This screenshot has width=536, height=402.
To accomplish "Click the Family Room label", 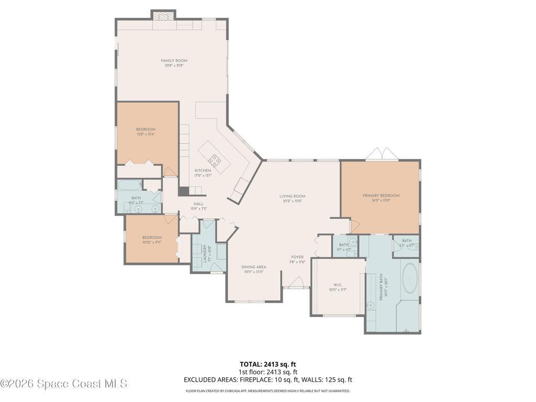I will point(174,63).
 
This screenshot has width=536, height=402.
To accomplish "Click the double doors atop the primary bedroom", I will point(382,154).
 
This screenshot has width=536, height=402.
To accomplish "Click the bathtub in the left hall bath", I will point(129,185).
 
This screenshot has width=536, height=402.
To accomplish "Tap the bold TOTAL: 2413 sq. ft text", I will point(267,364).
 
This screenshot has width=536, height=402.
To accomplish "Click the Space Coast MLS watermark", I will point(64,384).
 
